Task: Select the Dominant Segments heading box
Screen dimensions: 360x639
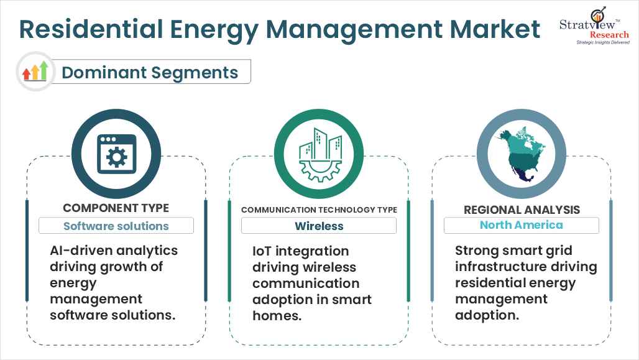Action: (150, 72)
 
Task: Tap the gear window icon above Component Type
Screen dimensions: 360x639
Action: (116, 154)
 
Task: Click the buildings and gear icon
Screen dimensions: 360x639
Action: (319, 154)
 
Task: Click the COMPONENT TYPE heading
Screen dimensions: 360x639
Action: (116, 208)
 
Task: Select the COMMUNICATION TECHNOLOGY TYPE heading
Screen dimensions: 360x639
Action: (319, 210)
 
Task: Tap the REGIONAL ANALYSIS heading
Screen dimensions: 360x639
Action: (522, 210)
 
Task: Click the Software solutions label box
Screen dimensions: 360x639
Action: (116, 226)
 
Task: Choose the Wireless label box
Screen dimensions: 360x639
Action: (319, 226)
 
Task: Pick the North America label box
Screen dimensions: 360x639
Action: (522, 225)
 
